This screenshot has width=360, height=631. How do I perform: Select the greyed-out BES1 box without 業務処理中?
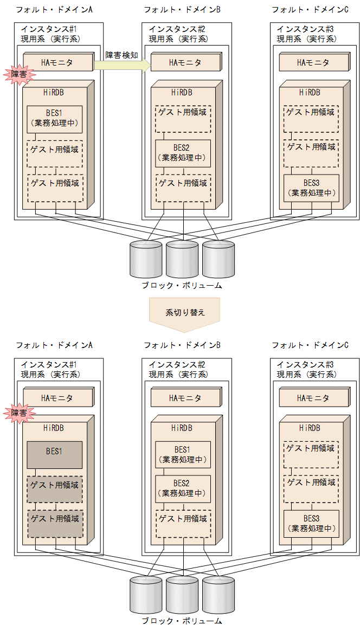(x=55, y=454)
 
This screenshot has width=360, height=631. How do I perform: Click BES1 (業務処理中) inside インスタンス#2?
(x=183, y=454)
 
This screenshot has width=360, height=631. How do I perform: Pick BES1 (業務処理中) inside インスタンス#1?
(x=55, y=119)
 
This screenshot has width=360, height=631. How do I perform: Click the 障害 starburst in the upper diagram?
(x=19, y=75)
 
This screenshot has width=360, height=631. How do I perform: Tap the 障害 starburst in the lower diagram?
(x=19, y=414)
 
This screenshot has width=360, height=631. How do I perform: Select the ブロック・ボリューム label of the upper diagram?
(x=182, y=285)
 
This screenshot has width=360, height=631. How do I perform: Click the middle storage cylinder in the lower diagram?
(x=182, y=595)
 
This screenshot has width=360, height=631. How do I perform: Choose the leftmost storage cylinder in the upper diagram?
(x=146, y=259)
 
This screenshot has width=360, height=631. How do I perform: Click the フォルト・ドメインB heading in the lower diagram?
(x=182, y=345)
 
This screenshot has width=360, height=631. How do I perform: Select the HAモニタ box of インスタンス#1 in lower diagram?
(x=57, y=398)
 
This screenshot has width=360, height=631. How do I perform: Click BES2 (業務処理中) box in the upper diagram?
(x=183, y=153)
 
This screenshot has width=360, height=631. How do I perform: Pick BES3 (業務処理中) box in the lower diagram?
(x=311, y=523)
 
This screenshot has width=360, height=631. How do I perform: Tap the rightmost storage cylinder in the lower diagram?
(x=218, y=595)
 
